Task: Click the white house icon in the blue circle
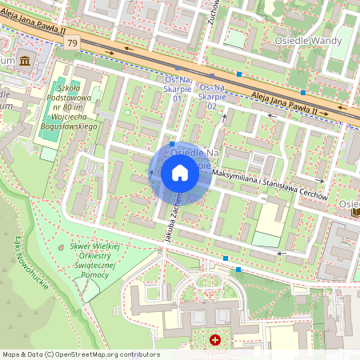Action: [x=180, y=173]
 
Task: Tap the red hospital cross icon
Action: [x=214, y=341]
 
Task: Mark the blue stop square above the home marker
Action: [x=172, y=145]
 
